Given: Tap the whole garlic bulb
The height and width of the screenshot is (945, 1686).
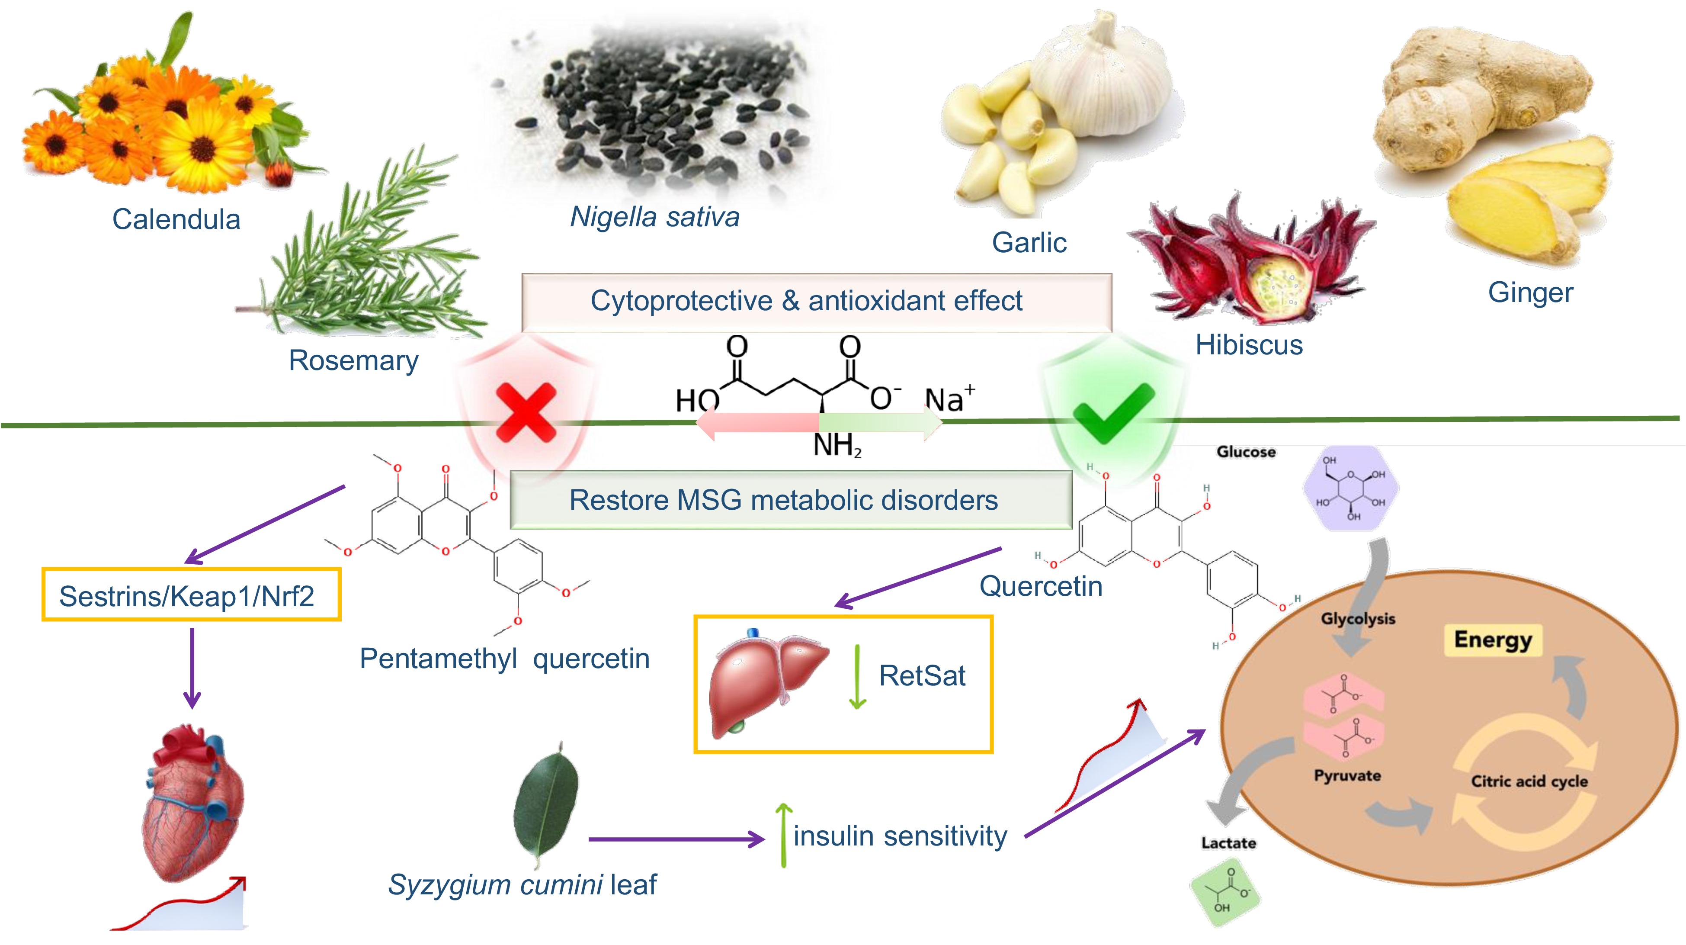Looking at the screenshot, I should click(1099, 79).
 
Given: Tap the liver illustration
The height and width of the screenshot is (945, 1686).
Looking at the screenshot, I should click(766, 681).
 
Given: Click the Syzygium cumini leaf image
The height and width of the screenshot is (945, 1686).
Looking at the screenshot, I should click(547, 802).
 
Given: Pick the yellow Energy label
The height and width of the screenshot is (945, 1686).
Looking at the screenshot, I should click(1493, 640).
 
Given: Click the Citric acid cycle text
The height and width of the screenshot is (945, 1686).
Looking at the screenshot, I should click(1529, 781).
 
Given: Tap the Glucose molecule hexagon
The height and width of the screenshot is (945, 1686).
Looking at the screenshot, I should click(1351, 488).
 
